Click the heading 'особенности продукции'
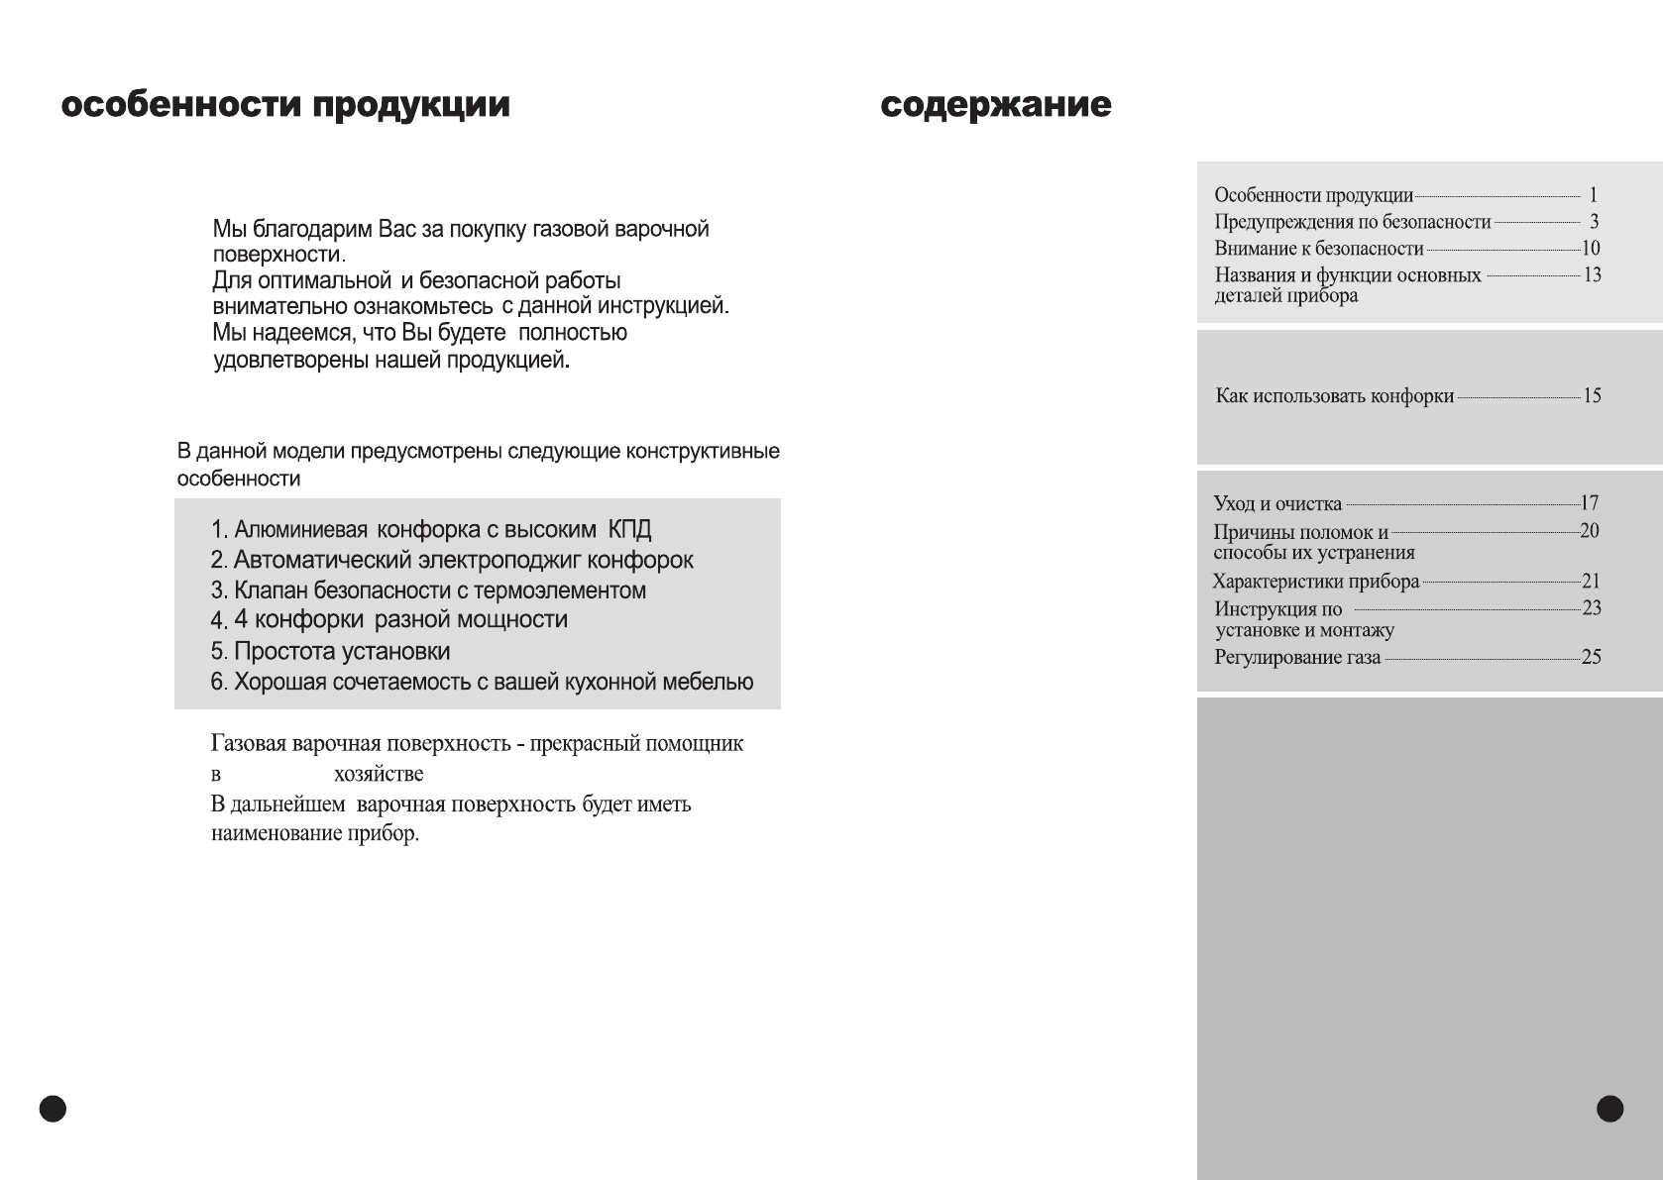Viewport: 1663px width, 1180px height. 285,106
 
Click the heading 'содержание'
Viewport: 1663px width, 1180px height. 996,106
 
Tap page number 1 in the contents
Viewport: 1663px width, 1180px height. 1593,195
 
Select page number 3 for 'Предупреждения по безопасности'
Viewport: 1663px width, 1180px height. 1594,222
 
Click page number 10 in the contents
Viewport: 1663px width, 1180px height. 1590,249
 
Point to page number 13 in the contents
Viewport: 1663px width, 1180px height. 1592,274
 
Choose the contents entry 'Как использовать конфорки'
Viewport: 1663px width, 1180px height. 1334,396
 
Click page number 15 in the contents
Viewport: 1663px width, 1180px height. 1592,396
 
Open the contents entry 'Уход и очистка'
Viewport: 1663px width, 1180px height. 1277,504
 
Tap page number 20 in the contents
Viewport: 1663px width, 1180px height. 1589,531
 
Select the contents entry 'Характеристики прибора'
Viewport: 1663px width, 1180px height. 1315,582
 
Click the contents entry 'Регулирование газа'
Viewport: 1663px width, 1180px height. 1297,658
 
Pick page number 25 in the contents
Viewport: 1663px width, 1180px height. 1591,657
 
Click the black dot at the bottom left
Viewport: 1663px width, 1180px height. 53,1109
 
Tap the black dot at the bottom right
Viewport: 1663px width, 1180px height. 1610,1109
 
